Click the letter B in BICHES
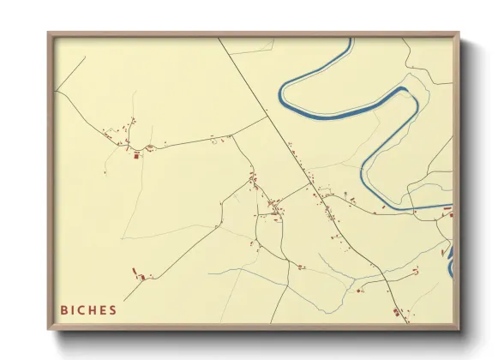64,310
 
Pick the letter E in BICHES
105,310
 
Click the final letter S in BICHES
113,310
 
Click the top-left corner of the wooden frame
49,33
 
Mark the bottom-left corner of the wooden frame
49,330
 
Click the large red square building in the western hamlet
135,156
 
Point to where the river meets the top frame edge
350,39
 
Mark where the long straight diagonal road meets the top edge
219,39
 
